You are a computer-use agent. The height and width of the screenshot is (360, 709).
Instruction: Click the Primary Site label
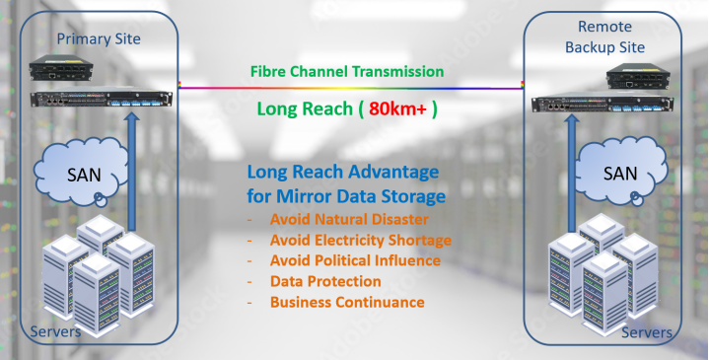(99, 38)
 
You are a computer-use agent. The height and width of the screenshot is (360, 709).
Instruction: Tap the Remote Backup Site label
(605, 36)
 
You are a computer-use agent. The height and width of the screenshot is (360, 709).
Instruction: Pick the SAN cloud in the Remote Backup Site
(619, 172)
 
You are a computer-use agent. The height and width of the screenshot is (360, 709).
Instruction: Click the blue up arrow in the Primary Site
(132, 172)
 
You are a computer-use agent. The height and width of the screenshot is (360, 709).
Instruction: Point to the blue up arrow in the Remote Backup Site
(572, 174)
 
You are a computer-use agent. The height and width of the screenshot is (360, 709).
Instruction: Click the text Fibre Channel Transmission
(347, 71)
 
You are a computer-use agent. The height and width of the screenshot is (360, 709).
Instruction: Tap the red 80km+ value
(398, 109)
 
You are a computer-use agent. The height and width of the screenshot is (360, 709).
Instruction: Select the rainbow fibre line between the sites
(351, 88)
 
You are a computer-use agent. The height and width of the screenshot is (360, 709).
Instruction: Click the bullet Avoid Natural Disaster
(349, 219)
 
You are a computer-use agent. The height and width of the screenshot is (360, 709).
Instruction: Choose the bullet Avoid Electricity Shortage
(360, 240)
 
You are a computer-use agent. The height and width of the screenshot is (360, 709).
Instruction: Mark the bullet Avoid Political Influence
(355, 260)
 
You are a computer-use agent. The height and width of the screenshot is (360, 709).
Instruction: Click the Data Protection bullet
(325, 281)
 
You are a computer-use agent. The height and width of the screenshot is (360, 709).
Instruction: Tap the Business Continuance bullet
(347, 302)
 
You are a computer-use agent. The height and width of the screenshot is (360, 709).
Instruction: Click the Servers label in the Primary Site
(55, 332)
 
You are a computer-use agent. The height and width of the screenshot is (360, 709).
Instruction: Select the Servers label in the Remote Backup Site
(647, 332)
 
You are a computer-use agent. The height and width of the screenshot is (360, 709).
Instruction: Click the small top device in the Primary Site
(61, 68)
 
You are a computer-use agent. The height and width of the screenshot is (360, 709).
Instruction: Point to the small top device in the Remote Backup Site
(638, 76)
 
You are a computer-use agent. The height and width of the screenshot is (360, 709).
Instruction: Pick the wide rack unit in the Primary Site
(102, 98)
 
